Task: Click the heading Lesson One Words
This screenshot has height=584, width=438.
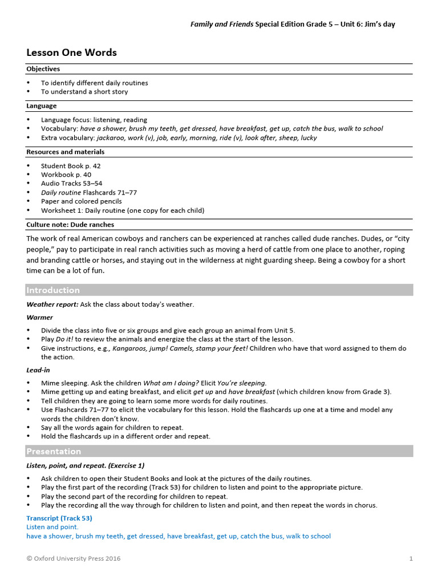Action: pos(71,52)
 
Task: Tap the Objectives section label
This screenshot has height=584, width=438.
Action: pos(43,69)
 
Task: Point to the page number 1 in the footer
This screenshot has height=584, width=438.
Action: pos(411,559)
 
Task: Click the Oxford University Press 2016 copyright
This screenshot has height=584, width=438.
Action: pos(74,559)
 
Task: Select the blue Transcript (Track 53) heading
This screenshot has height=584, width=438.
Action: pos(59,518)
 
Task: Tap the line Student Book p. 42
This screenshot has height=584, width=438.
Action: pos(71,166)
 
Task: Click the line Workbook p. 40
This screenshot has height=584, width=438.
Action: pos(66,175)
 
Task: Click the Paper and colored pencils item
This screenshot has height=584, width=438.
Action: pos(81,201)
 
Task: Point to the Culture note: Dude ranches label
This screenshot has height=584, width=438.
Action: pos(70,225)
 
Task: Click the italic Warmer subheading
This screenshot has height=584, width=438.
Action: pos(39,318)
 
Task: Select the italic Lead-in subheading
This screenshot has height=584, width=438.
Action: pos(38,370)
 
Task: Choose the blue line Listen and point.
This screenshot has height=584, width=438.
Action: pos(52,528)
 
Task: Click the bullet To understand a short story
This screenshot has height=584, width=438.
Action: pos(84,92)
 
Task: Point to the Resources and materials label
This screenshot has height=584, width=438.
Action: pos(65,152)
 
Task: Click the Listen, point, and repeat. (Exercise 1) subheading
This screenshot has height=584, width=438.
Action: pos(86,466)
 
